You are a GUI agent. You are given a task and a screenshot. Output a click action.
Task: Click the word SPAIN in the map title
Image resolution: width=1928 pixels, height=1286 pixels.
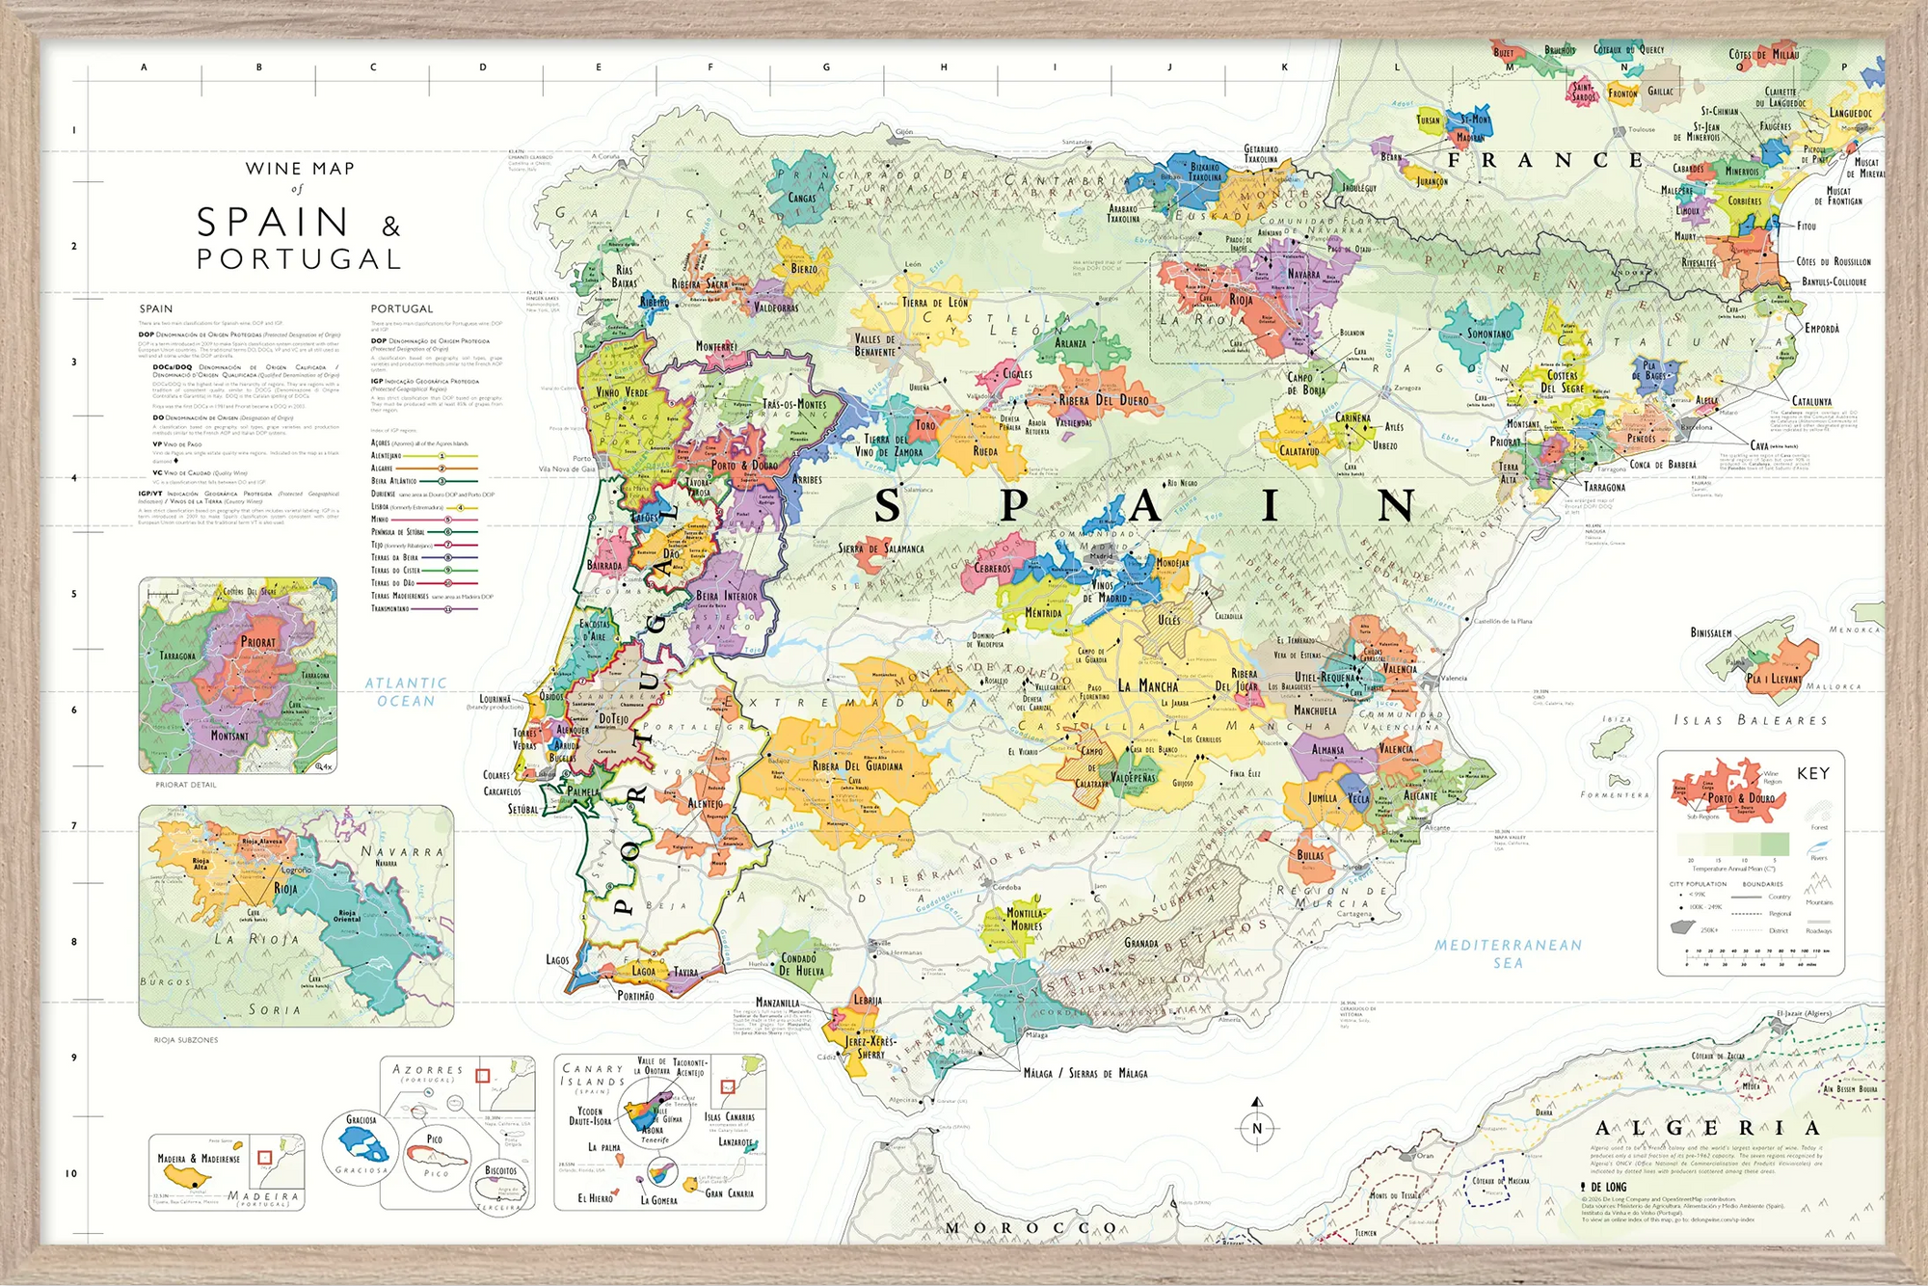click(273, 223)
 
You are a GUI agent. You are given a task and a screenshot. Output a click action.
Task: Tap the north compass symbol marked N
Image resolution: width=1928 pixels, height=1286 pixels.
click(1256, 1129)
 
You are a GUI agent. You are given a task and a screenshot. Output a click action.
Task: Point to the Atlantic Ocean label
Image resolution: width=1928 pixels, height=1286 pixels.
click(406, 691)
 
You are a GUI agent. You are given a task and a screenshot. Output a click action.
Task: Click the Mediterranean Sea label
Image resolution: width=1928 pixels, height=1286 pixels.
click(1508, 952)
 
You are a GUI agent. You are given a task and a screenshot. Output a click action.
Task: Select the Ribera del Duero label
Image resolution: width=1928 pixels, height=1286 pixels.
click(1105, 400)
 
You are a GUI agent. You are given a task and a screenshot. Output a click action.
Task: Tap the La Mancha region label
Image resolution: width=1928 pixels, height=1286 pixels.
click(1147, 686)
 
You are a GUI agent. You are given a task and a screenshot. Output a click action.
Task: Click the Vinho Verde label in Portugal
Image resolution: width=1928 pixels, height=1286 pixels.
click(622, 392)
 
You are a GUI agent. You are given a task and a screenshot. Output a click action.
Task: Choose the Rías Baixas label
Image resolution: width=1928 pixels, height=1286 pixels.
click(625, 277)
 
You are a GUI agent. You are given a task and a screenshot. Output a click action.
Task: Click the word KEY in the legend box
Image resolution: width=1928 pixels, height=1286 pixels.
click(1812, 773)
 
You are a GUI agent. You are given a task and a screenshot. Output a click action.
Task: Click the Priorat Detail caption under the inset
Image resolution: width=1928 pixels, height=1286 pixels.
click(186, 785)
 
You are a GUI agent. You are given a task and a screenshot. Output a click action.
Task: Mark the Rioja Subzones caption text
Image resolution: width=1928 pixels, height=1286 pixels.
click(186, 1040)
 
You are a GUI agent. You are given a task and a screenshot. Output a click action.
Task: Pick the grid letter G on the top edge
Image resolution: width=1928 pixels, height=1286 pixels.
click(826, 67)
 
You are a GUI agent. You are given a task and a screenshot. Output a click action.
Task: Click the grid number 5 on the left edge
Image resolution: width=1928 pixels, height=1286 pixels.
click(74, 594)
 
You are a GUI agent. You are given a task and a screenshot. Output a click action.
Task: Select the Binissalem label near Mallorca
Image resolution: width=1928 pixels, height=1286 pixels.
click(1710, 632)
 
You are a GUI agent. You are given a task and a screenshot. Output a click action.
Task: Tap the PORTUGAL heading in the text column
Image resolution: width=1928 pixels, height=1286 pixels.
click(402, 308)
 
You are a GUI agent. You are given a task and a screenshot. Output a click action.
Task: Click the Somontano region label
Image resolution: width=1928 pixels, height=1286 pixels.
click(1489, 335)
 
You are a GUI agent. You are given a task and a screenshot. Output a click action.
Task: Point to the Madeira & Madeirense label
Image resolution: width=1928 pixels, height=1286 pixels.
click(199, 1159)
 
